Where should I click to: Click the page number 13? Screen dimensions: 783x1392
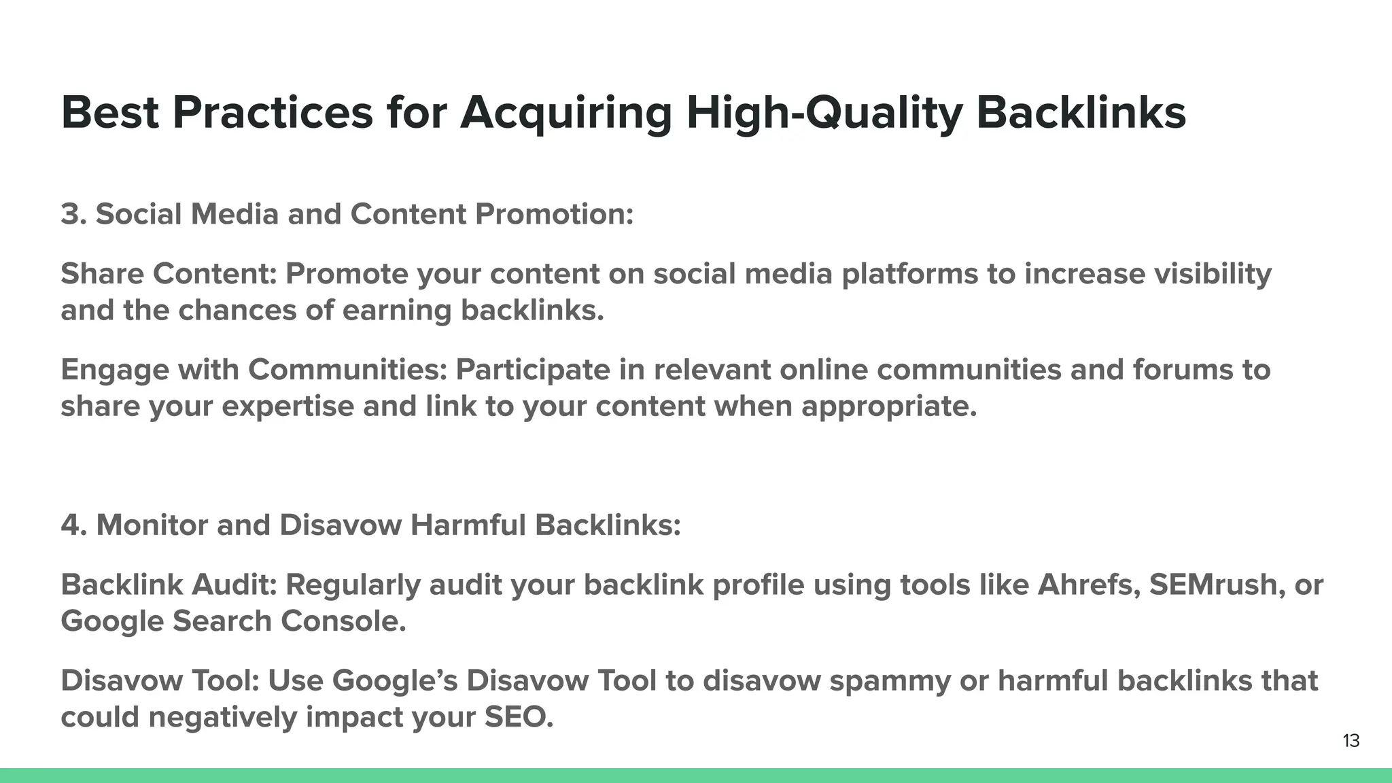click(x=1351, y=741)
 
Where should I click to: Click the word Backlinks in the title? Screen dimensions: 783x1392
click(x=1081, y=112)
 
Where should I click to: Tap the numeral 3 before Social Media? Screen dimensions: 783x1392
click(x=69, y=214)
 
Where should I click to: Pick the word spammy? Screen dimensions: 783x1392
click(x=890, y=680)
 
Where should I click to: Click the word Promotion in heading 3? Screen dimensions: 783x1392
click(x=554, y=214)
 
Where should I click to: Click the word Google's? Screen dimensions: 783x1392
click(x=394, y=680)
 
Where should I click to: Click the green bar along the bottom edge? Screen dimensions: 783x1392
click(x=696, y=776)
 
